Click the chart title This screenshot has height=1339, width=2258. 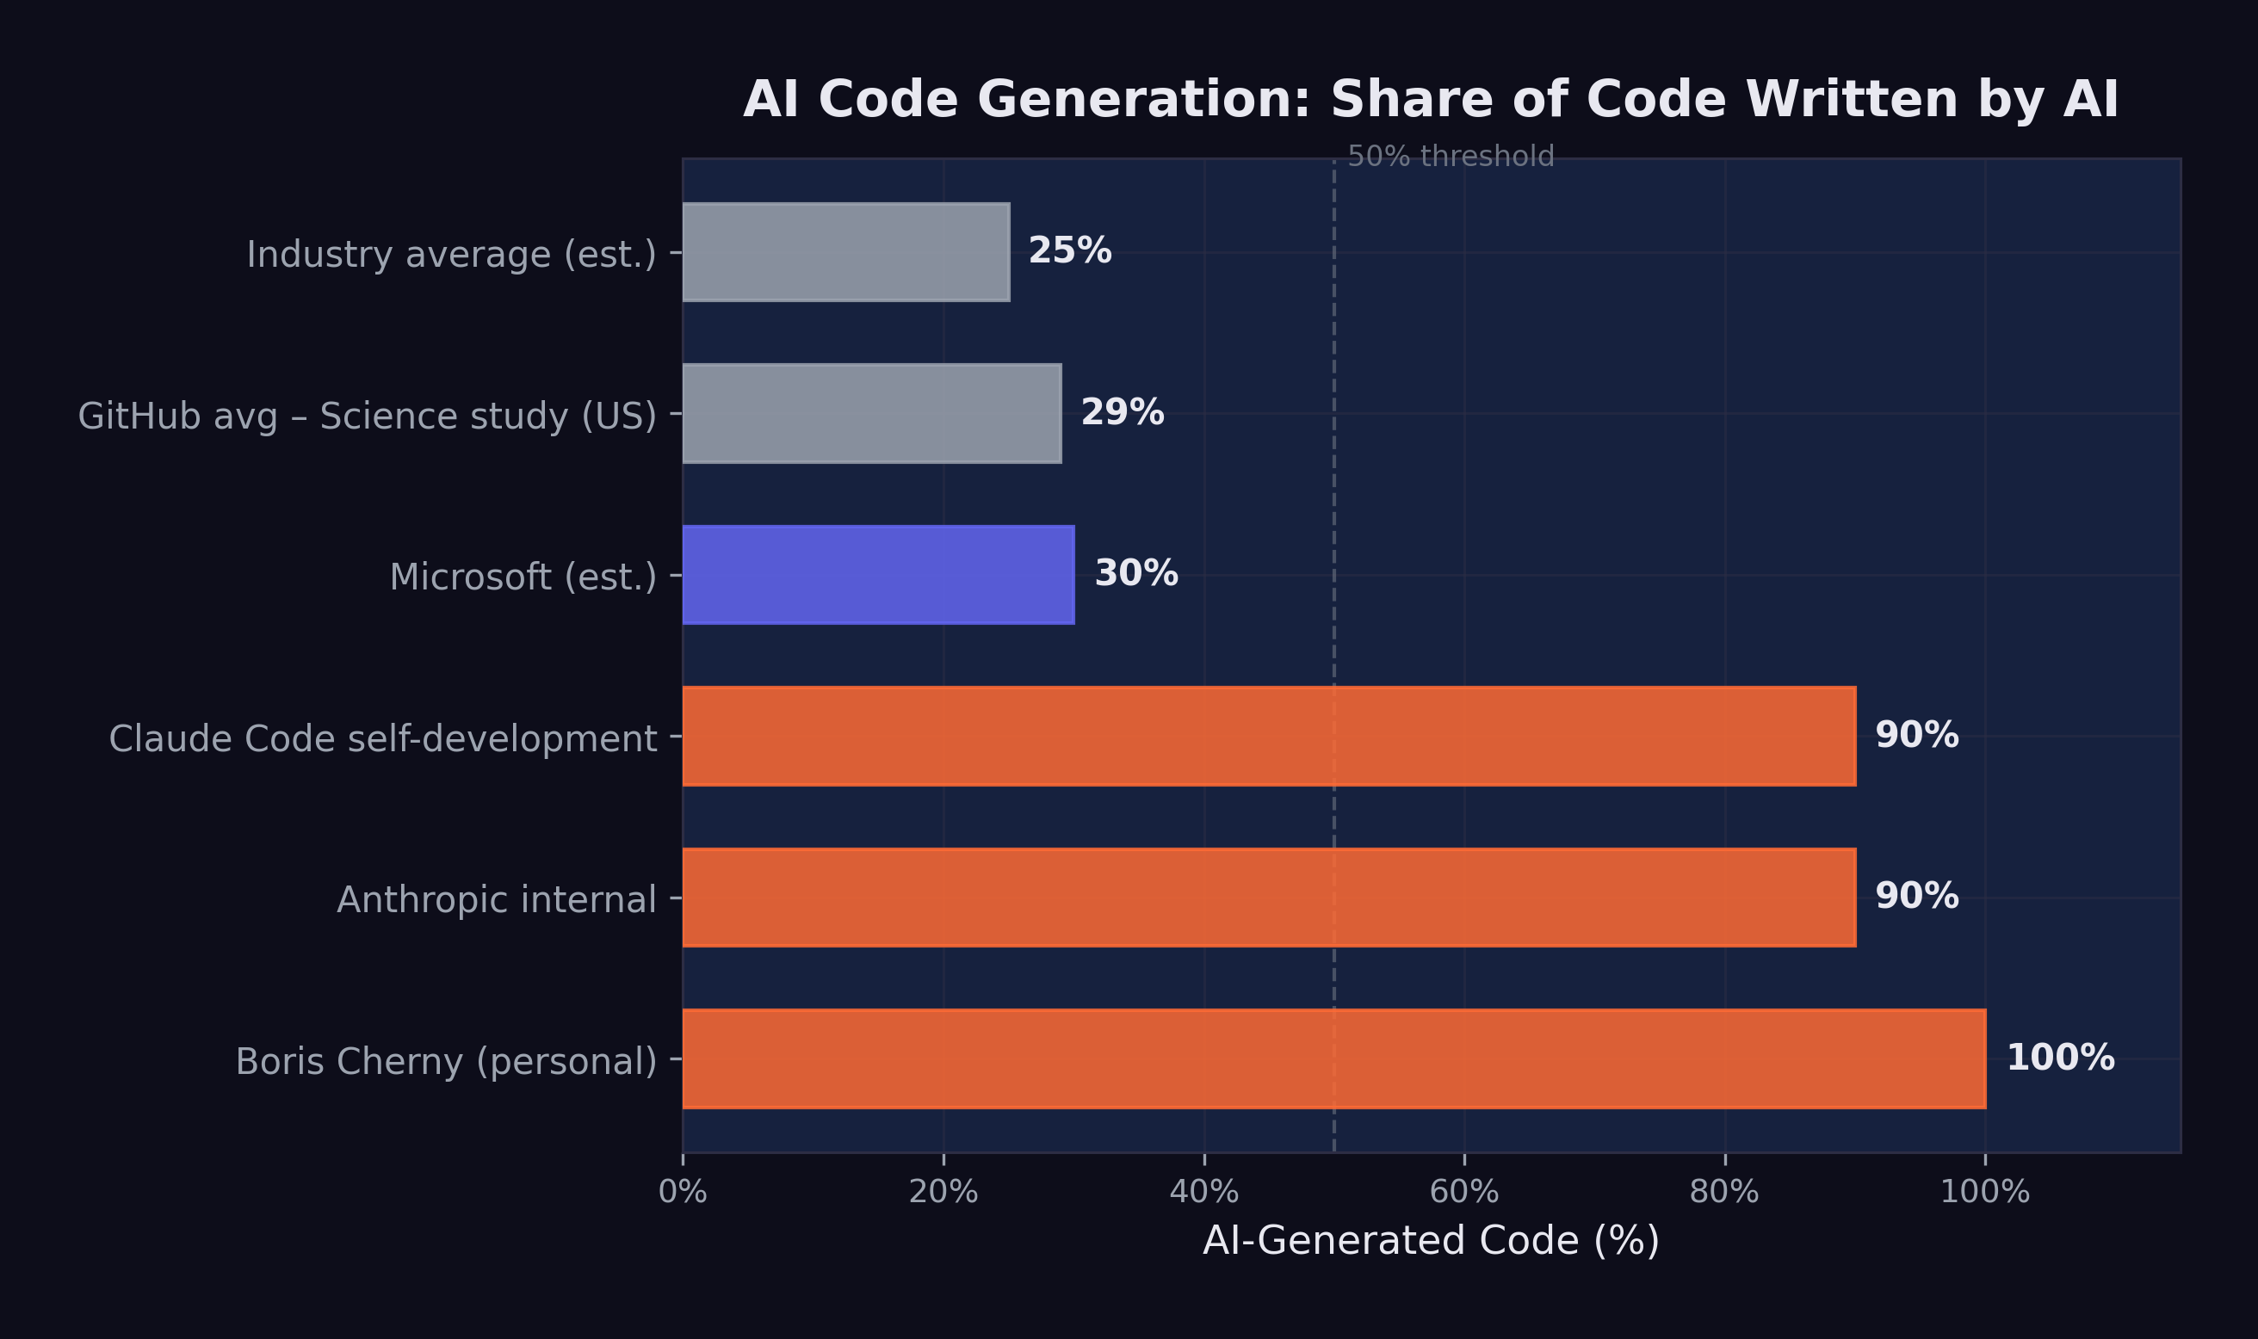pyautogui.click(x=1431, y=99)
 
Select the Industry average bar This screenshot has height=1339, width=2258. pyautogui.click(x=845, y=252)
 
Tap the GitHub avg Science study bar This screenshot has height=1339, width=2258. pyautogui.click(x=872, y=413)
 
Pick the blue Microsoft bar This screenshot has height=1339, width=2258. pyautogui.click(x=878, y=575)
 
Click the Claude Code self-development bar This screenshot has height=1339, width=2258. pyautogui.click(x=1269, y=737)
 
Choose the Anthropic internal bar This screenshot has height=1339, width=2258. pyautogui.click(x=1269, y=898)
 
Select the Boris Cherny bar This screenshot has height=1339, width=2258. pyautogui.click(x=1333, y=1059)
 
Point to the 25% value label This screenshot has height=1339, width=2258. pyautogui.click(x=1069, y=250)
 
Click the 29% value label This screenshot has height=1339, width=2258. pyautogui.click(x=1122, y=412)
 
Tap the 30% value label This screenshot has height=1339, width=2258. pyautogui.click(x=1135, y=574)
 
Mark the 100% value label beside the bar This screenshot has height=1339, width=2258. pyautogui.click(x=2059, y=1058)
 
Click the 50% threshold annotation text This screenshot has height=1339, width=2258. pyautogui.click(x=1451, y=156)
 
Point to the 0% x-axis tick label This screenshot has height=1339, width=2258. pyautogui.click(x=683, y=1193)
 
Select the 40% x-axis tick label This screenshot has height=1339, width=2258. pyautogui.click(x=1204, y=1193)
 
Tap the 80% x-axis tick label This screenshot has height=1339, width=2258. pyautogui.click(x=1723, y=1193)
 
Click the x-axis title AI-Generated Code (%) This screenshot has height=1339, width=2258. pyautogui.click(x=1431, y=1241)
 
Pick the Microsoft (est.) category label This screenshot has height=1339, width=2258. pyautogui.click(x=523, y=577)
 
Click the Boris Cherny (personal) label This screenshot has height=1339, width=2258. pyautogui.click(x=446, y=1062)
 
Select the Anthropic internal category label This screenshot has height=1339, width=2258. pyautogui.click(x=497, y=900)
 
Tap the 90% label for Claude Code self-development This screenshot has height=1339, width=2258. pyautogui.click(x=1916, y=736)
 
